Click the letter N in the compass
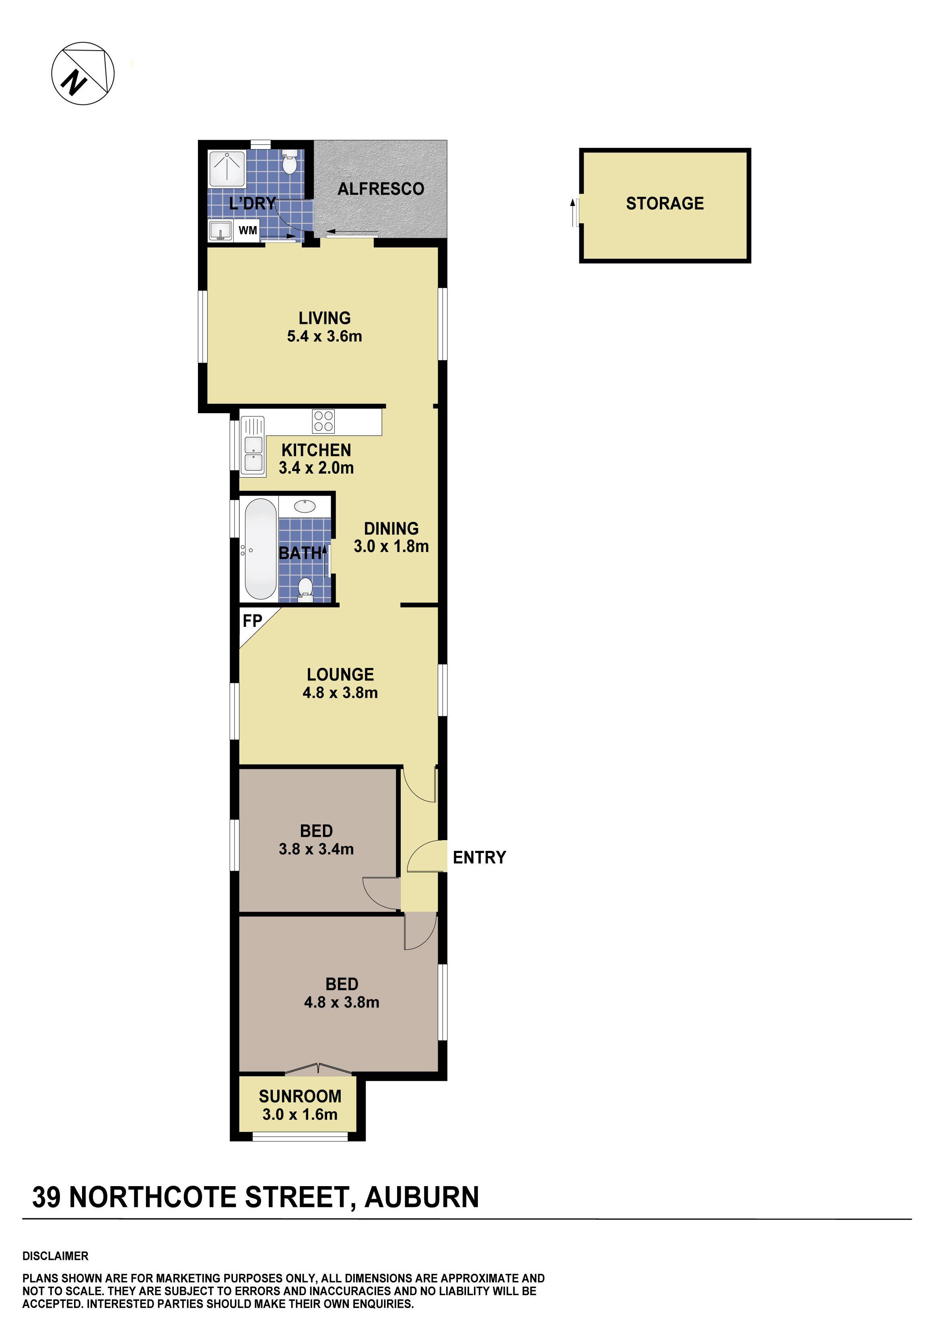[x=74, y=82]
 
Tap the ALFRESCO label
[x=381, y=189]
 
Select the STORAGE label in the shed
[x=665, y=204]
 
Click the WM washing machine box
[x=248, y=230]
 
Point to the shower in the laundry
[x=227, y=169]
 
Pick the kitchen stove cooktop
[x=323, y=422]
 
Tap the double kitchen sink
[x=253, y=454]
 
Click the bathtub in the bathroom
[x=260, y=549]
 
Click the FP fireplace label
[x=252, y=621]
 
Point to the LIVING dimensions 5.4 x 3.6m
[x=324, y=336]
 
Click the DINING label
[x=391, y=529]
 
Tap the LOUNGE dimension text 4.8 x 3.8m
[x=340, y=692]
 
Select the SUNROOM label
[x=300, y=1096]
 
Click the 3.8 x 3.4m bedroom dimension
[x=316, y=849]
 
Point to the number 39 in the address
[x=46, y=1197]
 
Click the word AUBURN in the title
[x=422, y=1197]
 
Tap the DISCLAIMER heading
[x=55, y=1256]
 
